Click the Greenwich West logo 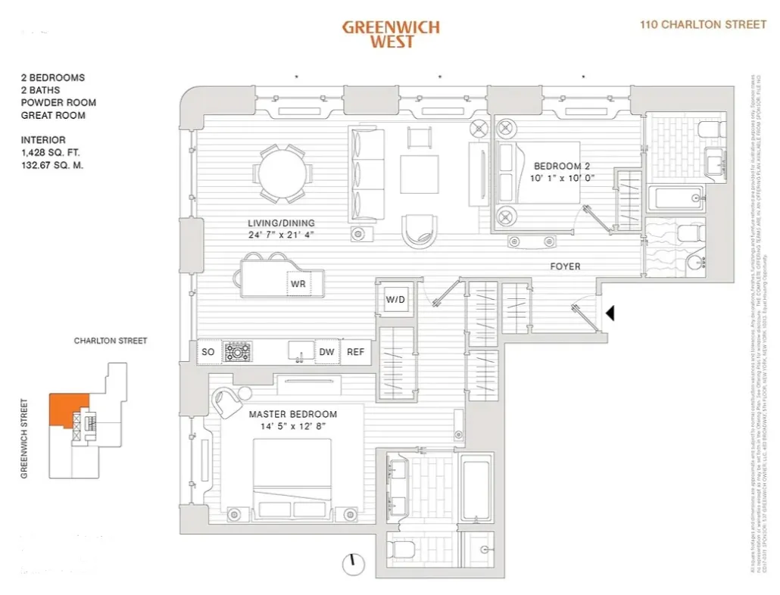390,34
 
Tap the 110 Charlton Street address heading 703,24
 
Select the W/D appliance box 396,299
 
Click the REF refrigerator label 355,352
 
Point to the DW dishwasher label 326,352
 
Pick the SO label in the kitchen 207,352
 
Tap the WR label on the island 298,284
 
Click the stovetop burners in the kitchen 238,351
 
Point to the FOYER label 565,266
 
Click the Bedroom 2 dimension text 564,179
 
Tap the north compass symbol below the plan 351,563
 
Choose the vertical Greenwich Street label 24,438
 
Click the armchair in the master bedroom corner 227,402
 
